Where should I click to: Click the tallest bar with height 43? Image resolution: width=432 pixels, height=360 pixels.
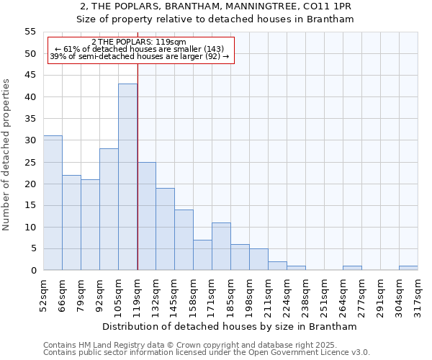(127, 177)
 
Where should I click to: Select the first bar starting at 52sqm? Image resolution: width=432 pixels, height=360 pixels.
(53, 203)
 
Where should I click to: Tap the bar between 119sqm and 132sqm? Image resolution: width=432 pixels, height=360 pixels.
(146, 216)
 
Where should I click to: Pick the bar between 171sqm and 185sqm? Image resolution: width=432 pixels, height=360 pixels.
(221, 246)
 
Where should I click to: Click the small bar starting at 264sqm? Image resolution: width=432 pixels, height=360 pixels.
(352, 268)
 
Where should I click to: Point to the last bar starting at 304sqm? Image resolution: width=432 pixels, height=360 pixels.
(408, 268)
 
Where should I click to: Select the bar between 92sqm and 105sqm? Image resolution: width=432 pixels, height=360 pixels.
(109, 210)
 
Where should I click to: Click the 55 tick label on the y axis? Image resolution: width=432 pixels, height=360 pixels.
(30, 32)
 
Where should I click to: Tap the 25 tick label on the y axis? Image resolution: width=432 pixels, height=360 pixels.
(30, 162)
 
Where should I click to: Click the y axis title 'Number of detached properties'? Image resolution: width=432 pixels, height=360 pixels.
(6, 154)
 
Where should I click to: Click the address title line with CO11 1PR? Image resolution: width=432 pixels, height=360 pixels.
(215, 6)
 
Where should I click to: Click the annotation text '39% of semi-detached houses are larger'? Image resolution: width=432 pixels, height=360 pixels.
(139, 56)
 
